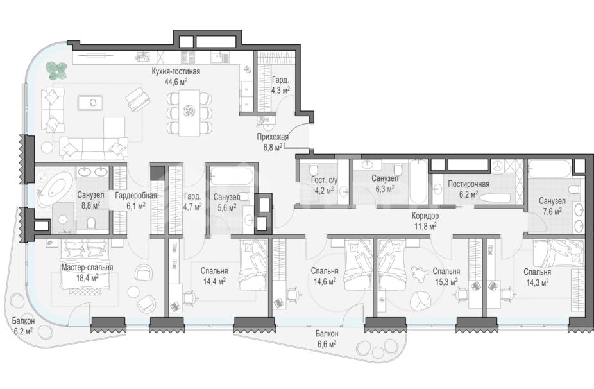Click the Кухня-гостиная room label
[x=176, y=71]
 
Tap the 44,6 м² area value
[x=176, y=82]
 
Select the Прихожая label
[x=273, y=137]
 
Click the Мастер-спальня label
[x=87, y=267]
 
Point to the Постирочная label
[x=469, y=184]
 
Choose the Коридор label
[x=425, y=216]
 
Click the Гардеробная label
[x=135, y=196]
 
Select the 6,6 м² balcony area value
[x=326, y=344]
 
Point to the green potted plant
[x=57, y=71]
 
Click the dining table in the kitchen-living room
[x=189, y=112]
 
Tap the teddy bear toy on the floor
[x=418, y=273]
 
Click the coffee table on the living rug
[x=90, y=102]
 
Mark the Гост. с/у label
[x=325, y=180]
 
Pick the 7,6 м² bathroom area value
[x=551, y=212]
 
